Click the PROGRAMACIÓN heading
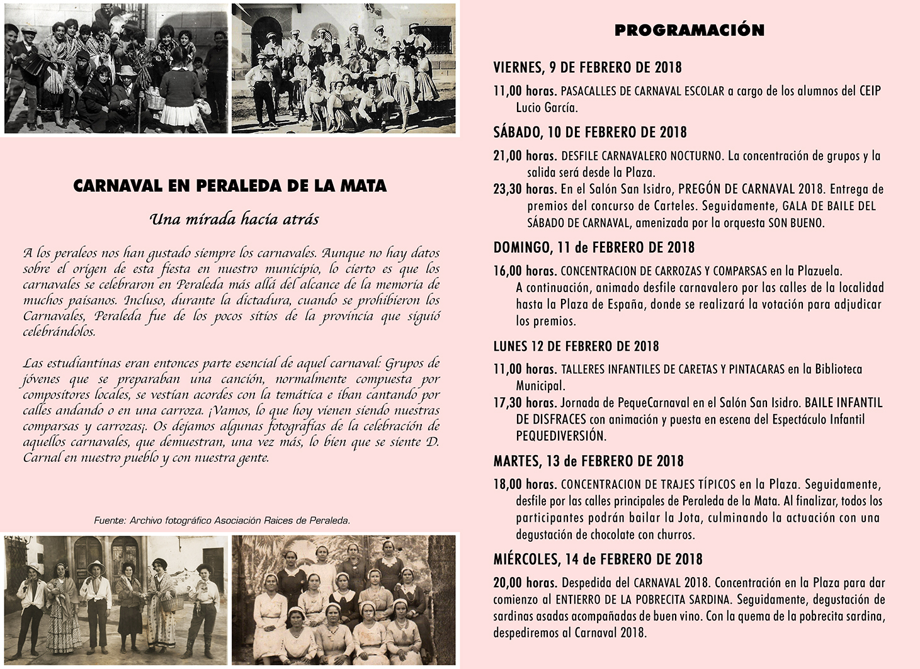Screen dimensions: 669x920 (x=689, y=30)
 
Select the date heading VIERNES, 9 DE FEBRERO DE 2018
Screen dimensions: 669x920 (x=587, y=67)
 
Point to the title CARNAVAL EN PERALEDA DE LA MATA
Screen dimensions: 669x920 (x=230, y=186)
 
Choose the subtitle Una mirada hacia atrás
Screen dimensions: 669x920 (x=234, y=219)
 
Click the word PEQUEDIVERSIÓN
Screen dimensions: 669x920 (x=560, y=436)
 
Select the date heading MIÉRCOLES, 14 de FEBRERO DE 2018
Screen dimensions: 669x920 (x=598, y=559)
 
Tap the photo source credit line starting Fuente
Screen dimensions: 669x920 (x=222, y=520)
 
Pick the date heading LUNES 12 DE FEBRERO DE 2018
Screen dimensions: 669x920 (x=576, y=346)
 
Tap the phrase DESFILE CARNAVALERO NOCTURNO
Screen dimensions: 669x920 (x=641, y=155)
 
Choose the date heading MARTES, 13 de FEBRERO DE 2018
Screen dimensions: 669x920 (x=588, y=461)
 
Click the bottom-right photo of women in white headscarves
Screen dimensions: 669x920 (x=343, y=599)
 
